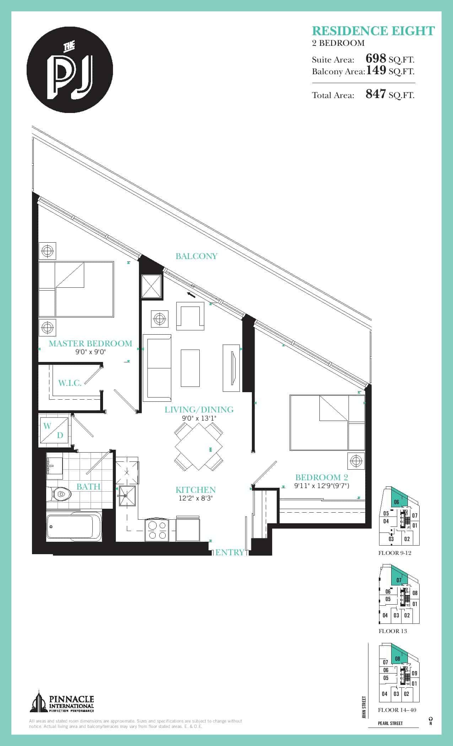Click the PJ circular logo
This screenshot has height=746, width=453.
[x=70, y=70]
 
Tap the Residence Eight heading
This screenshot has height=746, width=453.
[x=373, y=31]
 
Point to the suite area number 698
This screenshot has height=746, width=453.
[x=376, y=58]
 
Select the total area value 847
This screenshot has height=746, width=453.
[x=376, y=94]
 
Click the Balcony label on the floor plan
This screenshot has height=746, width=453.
[x=196, y=256]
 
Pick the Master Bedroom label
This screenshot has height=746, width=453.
[x=90, y=344]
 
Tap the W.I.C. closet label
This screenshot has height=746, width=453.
[x=70, y=383]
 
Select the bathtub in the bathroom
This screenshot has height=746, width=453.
[x=74, y=528]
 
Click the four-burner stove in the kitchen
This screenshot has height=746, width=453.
[x=157, y=530]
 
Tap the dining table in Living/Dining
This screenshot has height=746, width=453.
[x=199, y=448]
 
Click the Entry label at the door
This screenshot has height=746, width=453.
[x=230, y=552]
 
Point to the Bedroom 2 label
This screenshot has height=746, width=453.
[x=322, y=477]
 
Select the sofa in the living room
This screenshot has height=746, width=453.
[x=157, y=368]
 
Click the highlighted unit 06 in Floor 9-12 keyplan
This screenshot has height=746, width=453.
[x=398, y=501]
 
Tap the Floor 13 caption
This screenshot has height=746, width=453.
[x=393, y=631]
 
